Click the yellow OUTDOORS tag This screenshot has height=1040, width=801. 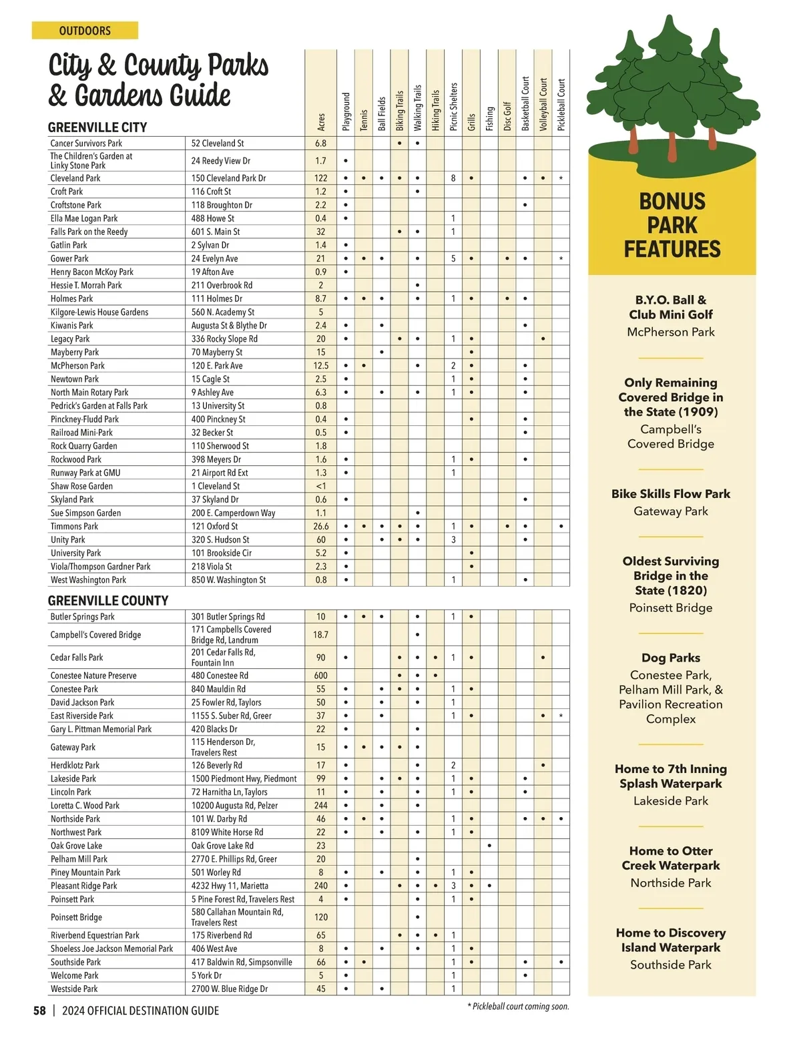(85, 31)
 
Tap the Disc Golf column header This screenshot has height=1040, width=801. (507, 116)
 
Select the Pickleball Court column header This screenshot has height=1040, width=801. (561, 105)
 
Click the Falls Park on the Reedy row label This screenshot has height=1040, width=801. (89, 232)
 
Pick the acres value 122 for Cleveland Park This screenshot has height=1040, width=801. (321, 178)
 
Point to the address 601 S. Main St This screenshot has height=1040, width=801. (216, 232)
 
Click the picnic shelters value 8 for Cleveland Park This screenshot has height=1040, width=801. (453, 178)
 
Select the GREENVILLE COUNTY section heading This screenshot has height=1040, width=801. (108, 600)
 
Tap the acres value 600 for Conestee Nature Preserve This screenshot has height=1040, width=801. (321, 676)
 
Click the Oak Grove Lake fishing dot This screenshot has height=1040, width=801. (489, 846)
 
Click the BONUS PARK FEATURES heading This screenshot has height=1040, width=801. (672, 226)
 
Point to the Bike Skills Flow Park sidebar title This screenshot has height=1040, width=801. (671, 494)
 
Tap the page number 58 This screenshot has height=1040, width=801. (40, 1011)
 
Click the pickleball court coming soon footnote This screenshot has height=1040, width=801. (519, 1007)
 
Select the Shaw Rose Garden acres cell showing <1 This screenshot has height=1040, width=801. (321, 486)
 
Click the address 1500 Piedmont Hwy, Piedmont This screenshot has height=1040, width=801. (244, 779)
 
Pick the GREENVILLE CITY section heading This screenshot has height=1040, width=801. (97, 127)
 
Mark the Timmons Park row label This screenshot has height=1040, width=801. (74, 526)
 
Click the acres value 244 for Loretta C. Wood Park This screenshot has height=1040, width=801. (321, 806)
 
